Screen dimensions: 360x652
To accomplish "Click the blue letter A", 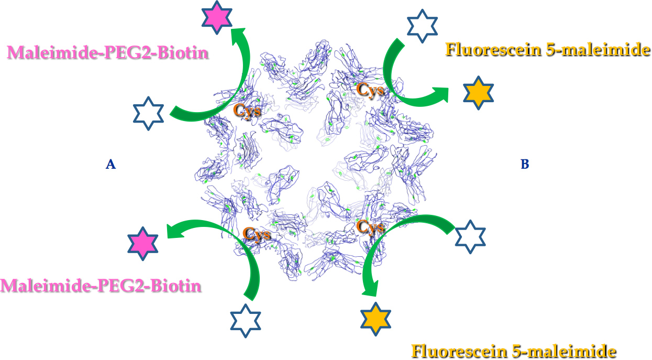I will coord(110,165).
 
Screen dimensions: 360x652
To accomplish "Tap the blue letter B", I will coord(525,165).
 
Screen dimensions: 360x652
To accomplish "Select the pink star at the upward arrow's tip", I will coord(216,17).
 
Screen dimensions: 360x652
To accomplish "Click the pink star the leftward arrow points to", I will coord(143,243).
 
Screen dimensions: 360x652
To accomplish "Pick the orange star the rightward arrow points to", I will coord(479,92).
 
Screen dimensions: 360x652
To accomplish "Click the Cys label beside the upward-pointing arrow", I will coord(247,110).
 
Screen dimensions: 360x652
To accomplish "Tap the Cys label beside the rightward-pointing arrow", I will coord(371,89).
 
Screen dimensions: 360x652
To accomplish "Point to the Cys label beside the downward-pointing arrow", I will coord(371,226).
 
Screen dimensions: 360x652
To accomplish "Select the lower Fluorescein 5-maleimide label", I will coord(513,350).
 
